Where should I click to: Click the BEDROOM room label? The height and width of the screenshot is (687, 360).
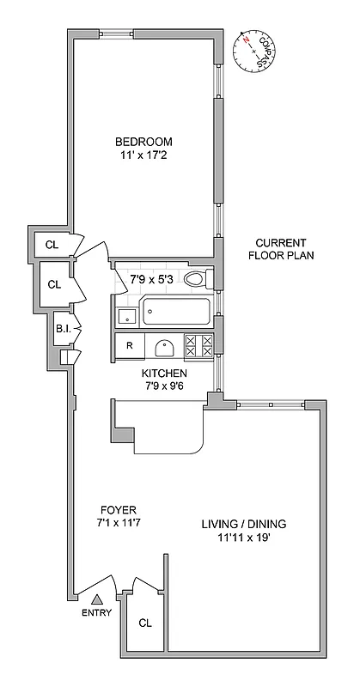click(x=144, y=142)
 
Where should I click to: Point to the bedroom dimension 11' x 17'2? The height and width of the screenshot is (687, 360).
click(x=144, y=156)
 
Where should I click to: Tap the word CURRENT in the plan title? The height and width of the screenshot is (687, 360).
click(x=276, y=242)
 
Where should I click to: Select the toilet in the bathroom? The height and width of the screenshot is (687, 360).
click(x=197, y=278)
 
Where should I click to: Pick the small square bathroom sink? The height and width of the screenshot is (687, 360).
click(x=127, y=315)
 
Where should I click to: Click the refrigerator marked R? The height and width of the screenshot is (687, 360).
click(x=129, y=346)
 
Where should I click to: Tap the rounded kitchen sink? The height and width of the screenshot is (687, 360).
click(x=166, y=348)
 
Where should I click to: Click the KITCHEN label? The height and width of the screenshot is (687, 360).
click(x=164, y=374)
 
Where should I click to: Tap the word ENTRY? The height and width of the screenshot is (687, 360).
click(x=97, y=612)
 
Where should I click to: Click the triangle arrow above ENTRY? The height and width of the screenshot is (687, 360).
click(x=97, y=599)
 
